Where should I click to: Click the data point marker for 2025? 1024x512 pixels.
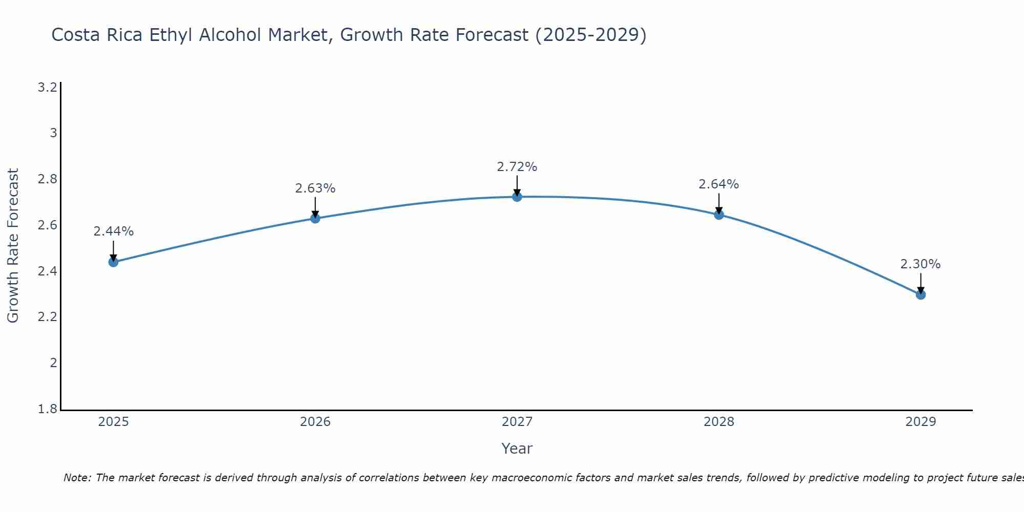(113, 262)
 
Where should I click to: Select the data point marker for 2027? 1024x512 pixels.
(517, 197)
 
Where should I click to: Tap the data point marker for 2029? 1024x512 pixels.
(921, 294)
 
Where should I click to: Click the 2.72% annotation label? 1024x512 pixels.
(517, 167)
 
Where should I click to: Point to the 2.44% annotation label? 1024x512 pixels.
(114, 231)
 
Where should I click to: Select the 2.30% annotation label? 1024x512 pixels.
(921, 264)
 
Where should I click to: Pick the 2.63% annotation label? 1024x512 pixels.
(315, 188)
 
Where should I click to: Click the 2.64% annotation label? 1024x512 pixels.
(719, 184)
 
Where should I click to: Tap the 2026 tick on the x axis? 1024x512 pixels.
(315, 422)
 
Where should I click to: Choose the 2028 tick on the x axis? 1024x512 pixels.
(719, 422)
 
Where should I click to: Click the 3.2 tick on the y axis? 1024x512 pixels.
(47, 88)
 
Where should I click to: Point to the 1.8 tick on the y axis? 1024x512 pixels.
(47, 409)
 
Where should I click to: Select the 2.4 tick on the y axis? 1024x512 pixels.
(47, 271)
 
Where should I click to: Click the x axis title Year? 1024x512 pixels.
(517, 449)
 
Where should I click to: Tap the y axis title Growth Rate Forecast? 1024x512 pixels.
(13, 246)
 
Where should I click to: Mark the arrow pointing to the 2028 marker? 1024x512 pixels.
(719, 203)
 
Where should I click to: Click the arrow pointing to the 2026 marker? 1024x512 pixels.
(315, 207)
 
